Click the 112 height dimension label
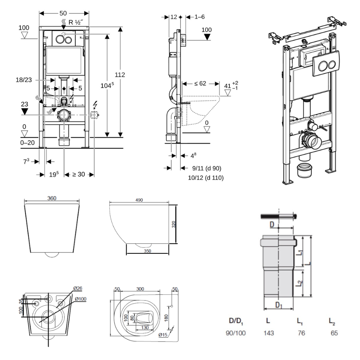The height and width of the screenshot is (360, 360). point(120,75)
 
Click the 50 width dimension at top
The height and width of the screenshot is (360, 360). point(63,13)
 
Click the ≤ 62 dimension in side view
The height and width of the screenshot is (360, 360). point(200,84)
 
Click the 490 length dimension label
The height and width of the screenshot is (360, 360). point(139,200)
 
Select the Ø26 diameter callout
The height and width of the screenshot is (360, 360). point(78,288)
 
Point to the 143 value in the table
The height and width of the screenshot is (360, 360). point(269,333)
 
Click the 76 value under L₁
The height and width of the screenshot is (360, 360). point(301,333)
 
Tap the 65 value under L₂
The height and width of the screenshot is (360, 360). point(334,333)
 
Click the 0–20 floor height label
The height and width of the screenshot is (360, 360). point(27,143)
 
